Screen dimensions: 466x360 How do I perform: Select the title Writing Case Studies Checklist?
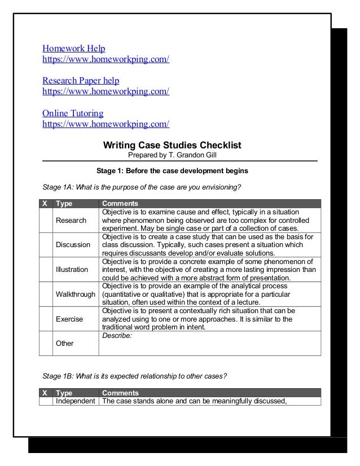[172, 145]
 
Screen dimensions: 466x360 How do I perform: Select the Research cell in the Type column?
[71, 220]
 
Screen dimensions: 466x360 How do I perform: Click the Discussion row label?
[73, 245]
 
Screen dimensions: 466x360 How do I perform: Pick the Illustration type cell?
[72, 270]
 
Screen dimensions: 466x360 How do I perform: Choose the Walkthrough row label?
[74, 294]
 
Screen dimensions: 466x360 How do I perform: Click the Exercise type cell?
[69, 319]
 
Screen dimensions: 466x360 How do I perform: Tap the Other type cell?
[64, 343]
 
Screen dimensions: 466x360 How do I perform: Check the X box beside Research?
[46, 220]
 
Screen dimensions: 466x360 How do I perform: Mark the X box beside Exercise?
[46, 319]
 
